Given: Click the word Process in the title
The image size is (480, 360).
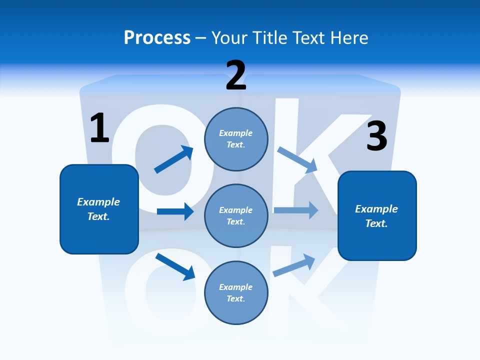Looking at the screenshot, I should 157,37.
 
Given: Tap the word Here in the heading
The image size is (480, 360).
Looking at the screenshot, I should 348,37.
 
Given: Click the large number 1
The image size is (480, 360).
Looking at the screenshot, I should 99,128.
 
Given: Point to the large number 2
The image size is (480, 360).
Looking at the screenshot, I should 235,76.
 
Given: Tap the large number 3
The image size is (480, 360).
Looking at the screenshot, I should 376,136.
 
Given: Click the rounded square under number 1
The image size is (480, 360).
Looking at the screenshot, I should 99,209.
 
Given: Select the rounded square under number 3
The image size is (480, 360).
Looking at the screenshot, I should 377,215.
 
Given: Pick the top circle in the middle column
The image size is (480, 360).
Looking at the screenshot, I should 236,139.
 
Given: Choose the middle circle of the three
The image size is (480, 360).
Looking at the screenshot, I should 236,215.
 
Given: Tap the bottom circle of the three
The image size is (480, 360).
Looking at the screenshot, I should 236,292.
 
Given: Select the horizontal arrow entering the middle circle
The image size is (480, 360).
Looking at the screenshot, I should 175,211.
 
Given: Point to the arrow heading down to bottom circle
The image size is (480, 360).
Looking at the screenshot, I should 175,266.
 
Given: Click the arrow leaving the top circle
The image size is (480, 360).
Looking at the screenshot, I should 297,159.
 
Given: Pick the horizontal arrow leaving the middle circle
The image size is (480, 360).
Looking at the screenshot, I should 296,210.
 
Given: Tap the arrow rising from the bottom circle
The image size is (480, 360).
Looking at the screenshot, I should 294,265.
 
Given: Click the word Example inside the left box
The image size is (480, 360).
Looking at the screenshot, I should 98,202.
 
